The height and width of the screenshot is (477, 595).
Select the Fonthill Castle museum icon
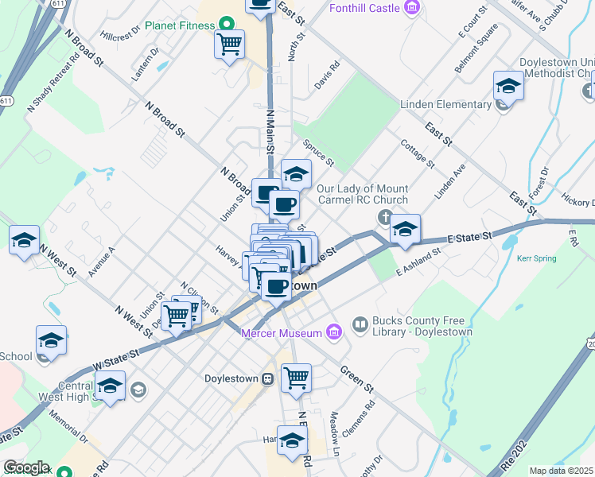tap(411, 9)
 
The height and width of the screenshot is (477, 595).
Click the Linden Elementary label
tap(445, 105)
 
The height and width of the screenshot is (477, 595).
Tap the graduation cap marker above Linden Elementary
tap(508, 85)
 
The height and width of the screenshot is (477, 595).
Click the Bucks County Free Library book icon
tap(360, 324)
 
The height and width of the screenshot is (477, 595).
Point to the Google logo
tap(26, 467)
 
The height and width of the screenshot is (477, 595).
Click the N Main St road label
tap(270, 132)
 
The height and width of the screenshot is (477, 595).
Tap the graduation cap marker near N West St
tap(24, 239)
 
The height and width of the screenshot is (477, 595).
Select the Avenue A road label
tap(103, 261)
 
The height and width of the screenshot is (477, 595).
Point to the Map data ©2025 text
tap(562, 471)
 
